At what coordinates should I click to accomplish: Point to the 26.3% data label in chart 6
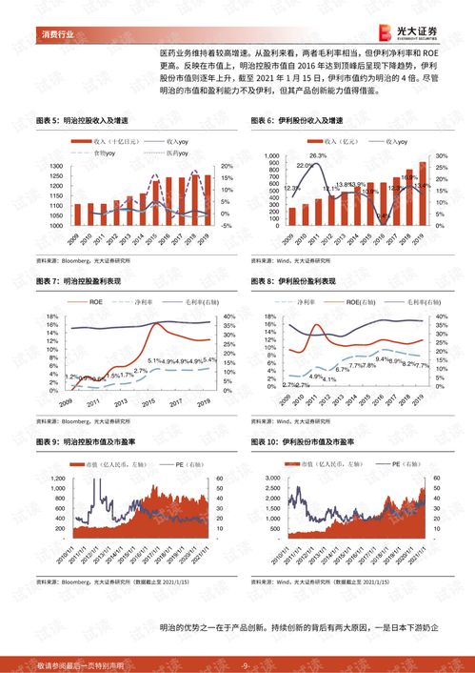317,155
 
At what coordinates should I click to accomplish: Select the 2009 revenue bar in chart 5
78,211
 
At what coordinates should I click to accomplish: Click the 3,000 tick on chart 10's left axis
267,477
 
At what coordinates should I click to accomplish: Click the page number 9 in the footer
245,664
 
